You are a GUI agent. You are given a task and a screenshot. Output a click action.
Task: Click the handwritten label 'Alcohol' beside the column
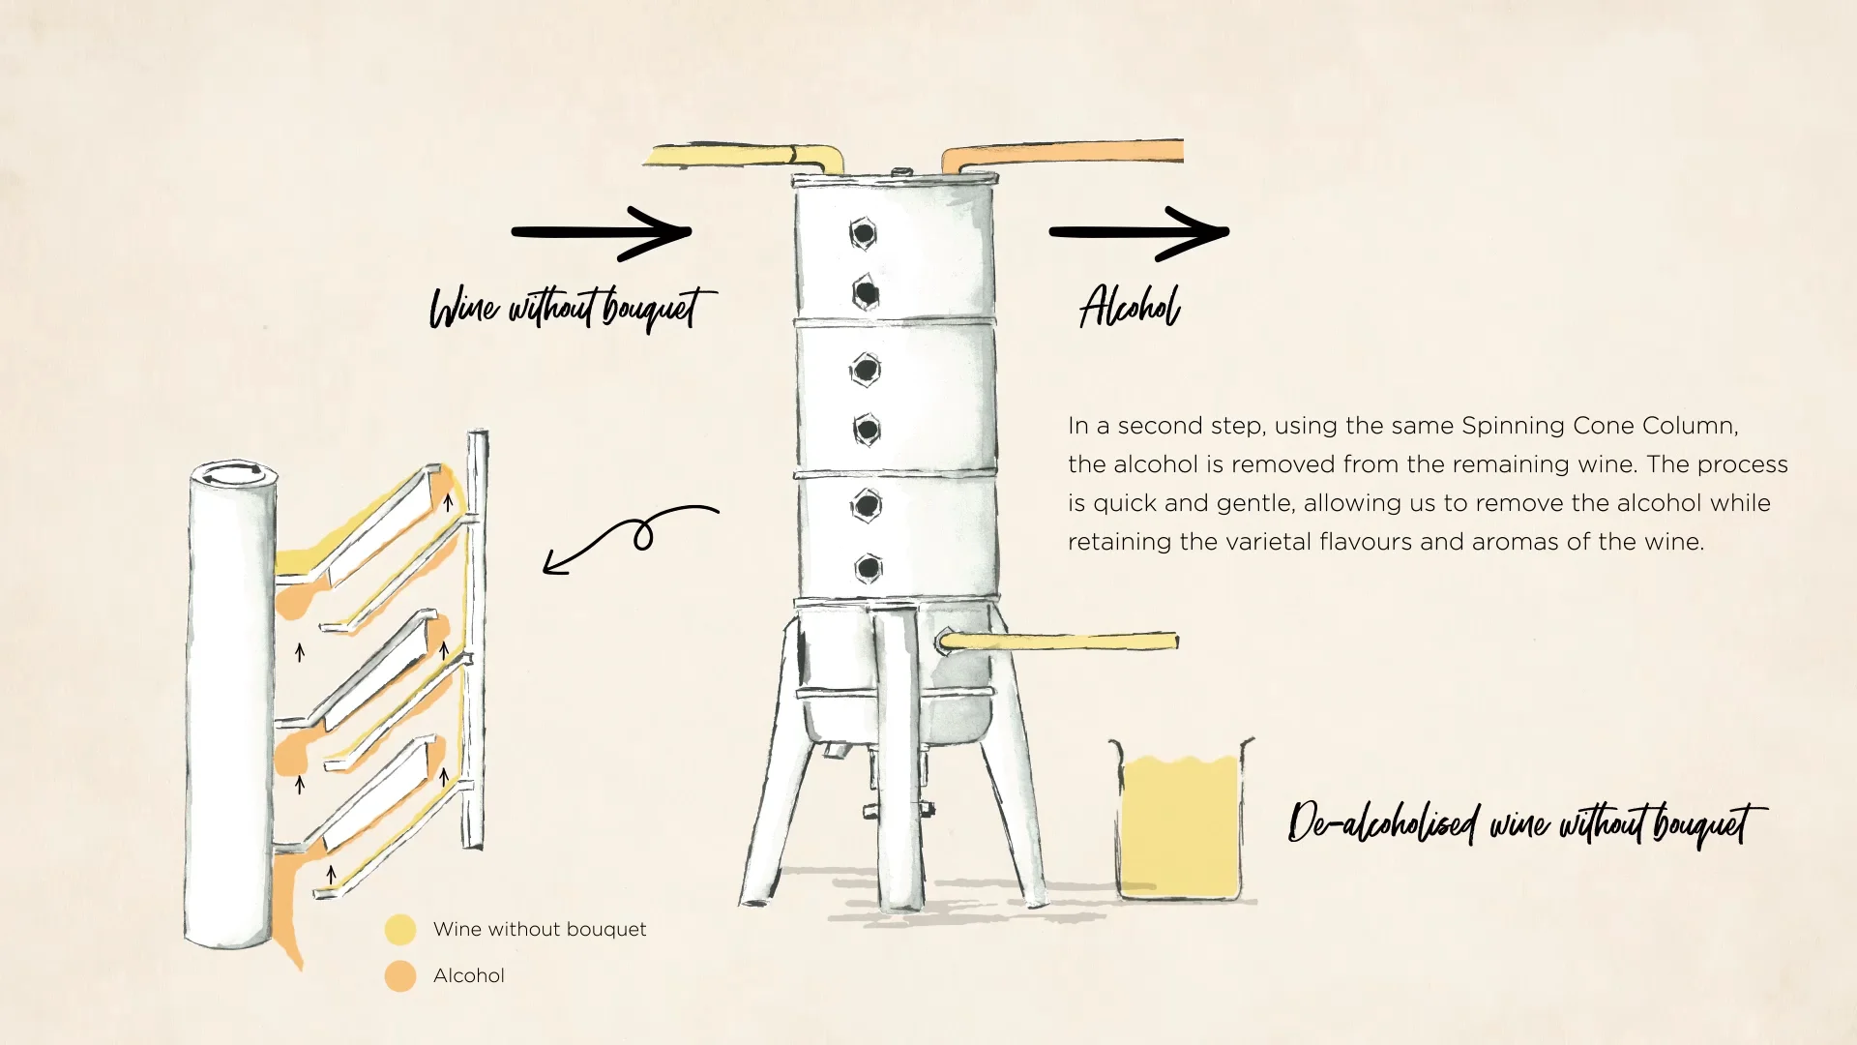pyautogui.click(x=1130, y=308)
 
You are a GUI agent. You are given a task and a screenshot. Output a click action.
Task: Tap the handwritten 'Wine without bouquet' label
pyautogui.click(x=573, y=308)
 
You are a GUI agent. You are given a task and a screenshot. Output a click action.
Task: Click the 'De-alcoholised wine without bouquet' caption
pyautogui.click(x=1526, y=824)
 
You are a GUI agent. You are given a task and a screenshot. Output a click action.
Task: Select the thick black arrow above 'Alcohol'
pyautogui.click(x=1139, y=232)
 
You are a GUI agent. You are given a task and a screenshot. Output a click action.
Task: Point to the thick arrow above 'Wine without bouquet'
pyautogui.click(x=602, y=232)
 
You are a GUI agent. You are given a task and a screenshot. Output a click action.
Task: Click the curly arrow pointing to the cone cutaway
pyautogui.click(x=631, y=535)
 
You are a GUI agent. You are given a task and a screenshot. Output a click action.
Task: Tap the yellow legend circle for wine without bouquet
pyautogui.click(x=400, y=930)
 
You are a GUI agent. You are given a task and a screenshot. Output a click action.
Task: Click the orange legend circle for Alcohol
pyautogui.click(x=400, y=976)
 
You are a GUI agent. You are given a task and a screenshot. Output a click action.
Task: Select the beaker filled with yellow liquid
pyautogui.click(x=1180, y=822)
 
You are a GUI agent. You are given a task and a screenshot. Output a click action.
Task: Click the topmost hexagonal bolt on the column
pyautogui.click(x=864, y=233)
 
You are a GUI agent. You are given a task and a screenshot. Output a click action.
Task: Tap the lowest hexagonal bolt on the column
pyautogui.click(x=869, y=568)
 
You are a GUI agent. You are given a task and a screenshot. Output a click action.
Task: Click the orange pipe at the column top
pyautogui.click(x=1064, y=153)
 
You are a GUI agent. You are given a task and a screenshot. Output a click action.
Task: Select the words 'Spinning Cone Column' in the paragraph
pyautogui.click(x=1599, y=426)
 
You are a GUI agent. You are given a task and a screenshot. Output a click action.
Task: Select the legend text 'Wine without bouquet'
pyautogui.click(x=540, y=930)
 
